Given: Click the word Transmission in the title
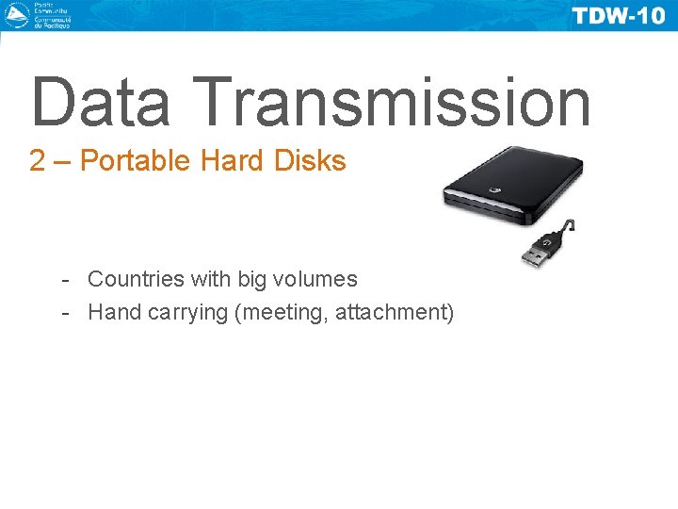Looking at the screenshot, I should pos(395,102).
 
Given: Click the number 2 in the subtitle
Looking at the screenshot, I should pos(38,161).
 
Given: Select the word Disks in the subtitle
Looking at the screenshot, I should pos(310,161).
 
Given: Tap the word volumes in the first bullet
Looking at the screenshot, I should pos(316,279).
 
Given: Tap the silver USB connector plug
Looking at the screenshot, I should pos(538,254).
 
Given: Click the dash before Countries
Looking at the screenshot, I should pos(65,280).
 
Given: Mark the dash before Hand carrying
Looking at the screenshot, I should pos(65,313).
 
